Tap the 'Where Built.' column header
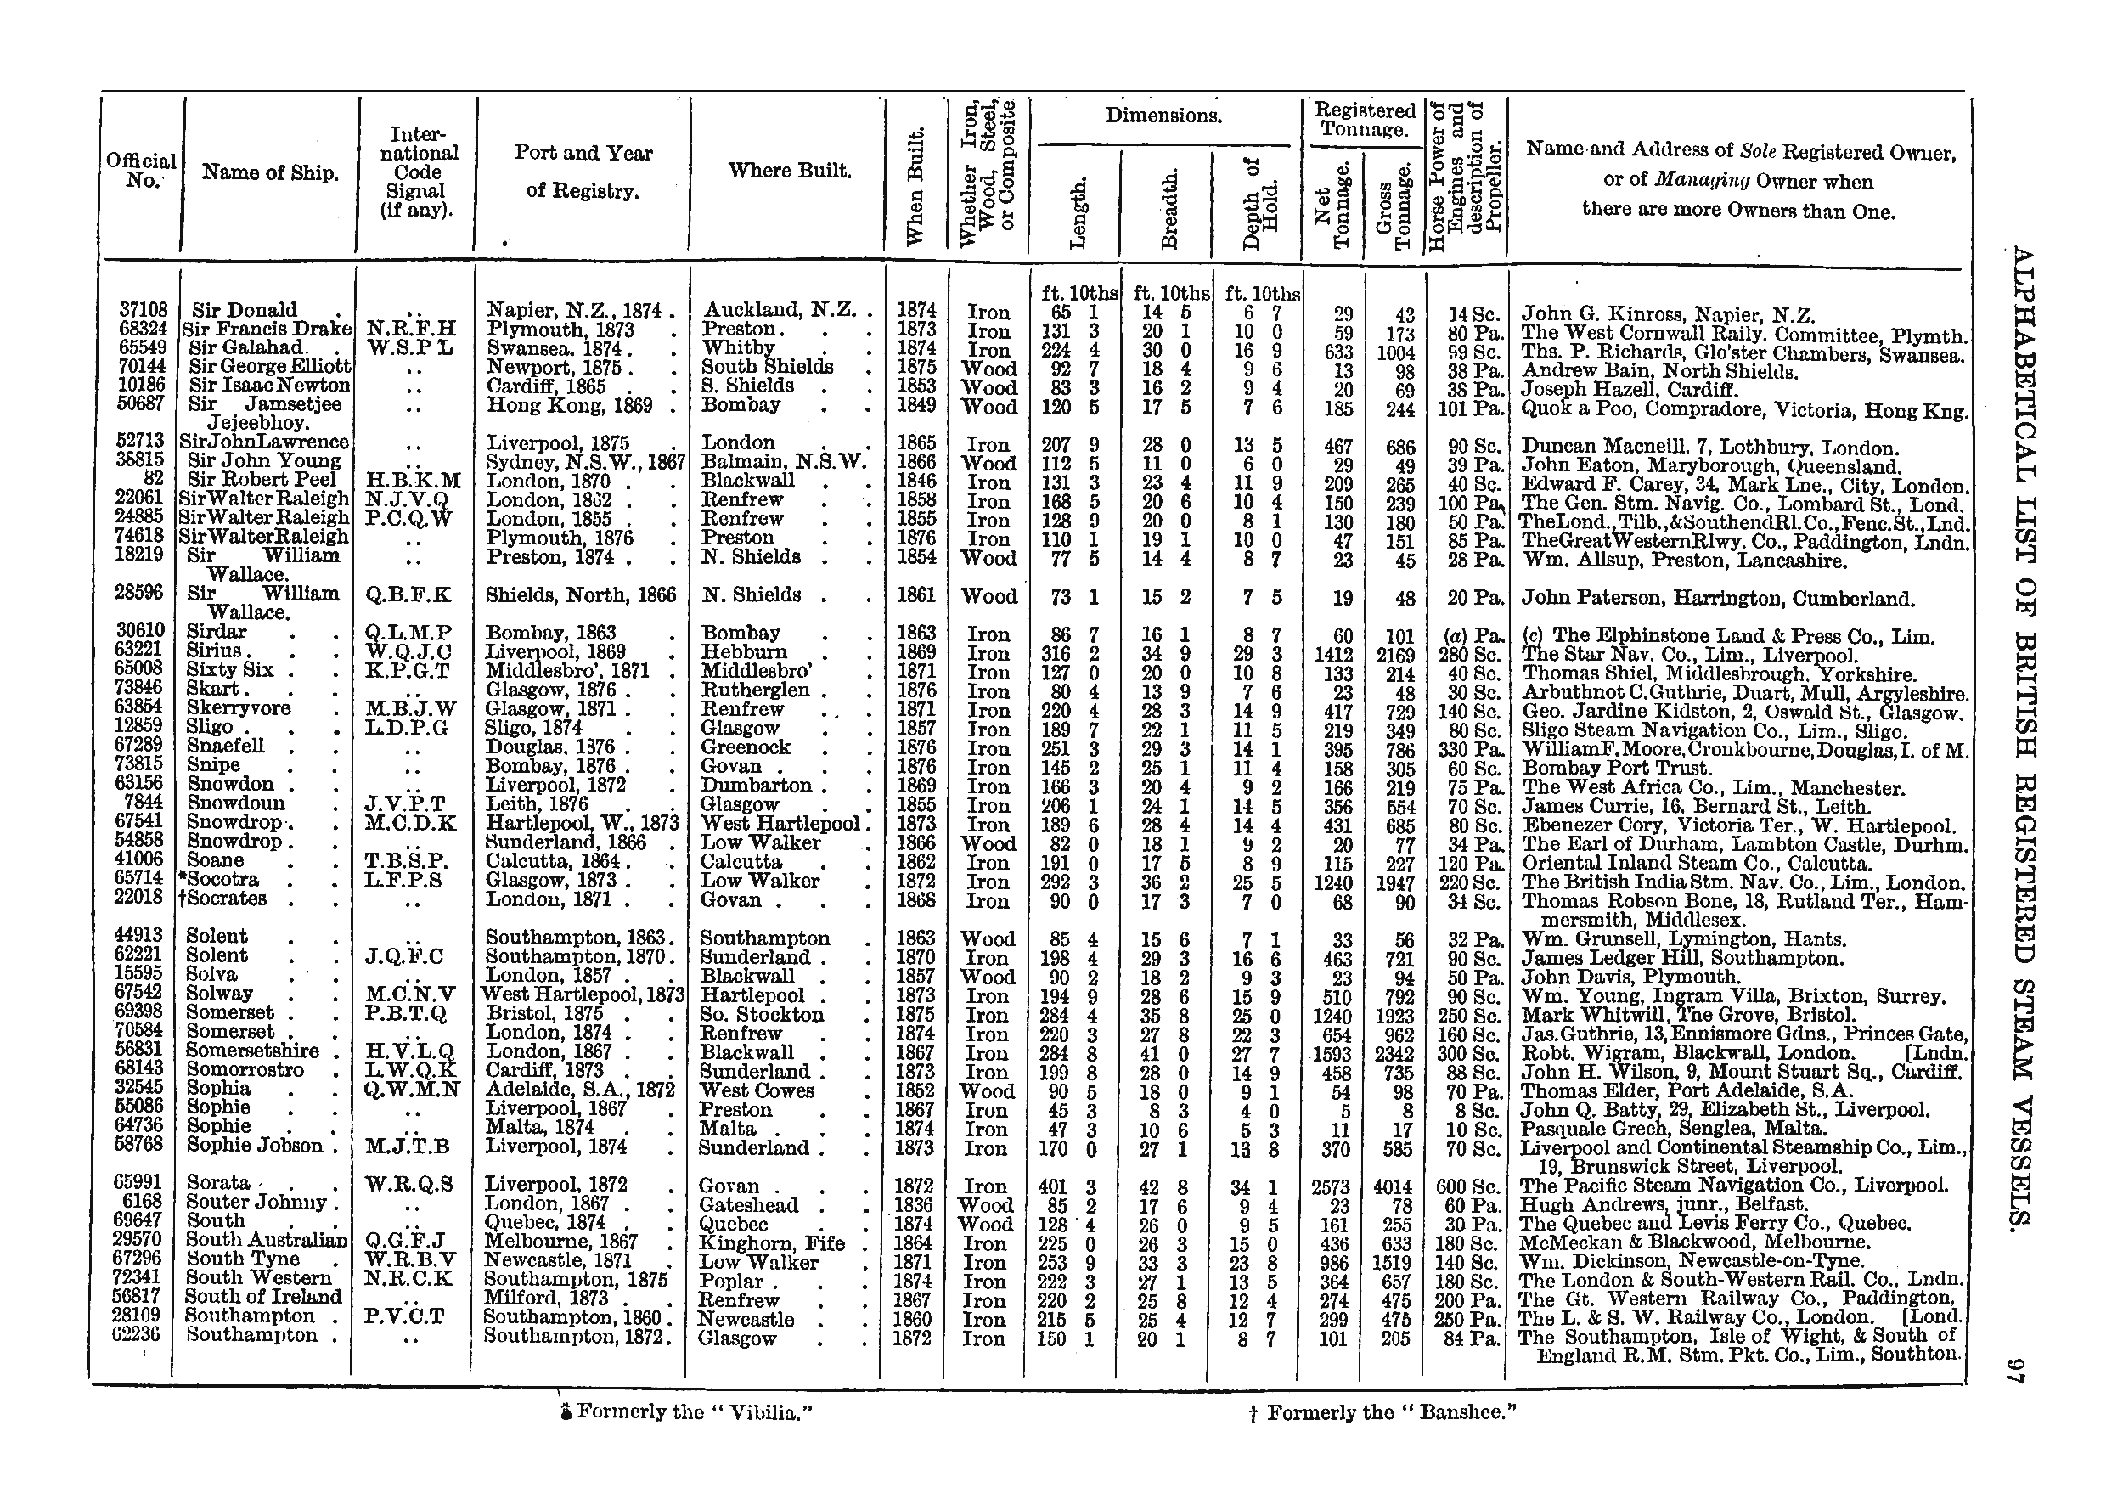coord(789,170)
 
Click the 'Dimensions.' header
coord(1163,116)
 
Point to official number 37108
coord(144,310)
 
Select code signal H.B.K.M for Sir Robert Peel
coord(414,482)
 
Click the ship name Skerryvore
coord(239,708)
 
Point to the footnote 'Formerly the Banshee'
coord(1383,1412)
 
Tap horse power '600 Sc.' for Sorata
coord(1467,1186)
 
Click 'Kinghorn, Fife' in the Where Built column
coord(771,1243)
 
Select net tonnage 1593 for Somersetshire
coord(1335,1053)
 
